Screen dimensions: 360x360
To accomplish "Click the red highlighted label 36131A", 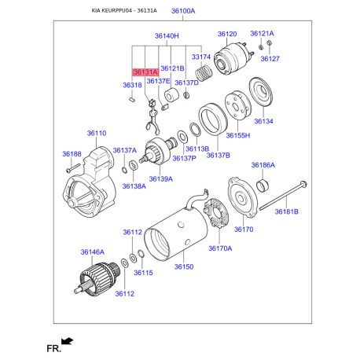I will coord(145,72).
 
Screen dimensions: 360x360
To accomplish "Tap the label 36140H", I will coord(167,36).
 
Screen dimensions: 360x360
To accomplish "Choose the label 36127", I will coord(270,59).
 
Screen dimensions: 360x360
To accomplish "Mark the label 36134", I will coord(263,121).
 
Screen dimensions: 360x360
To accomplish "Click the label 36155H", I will coord(238,135).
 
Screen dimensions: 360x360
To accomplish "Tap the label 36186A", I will coord(263,165).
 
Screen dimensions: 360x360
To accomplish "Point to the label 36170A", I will coord(220,248).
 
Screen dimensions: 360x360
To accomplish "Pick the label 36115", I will coord(142,273).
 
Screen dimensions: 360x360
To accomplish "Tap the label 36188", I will coord(72,154).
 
